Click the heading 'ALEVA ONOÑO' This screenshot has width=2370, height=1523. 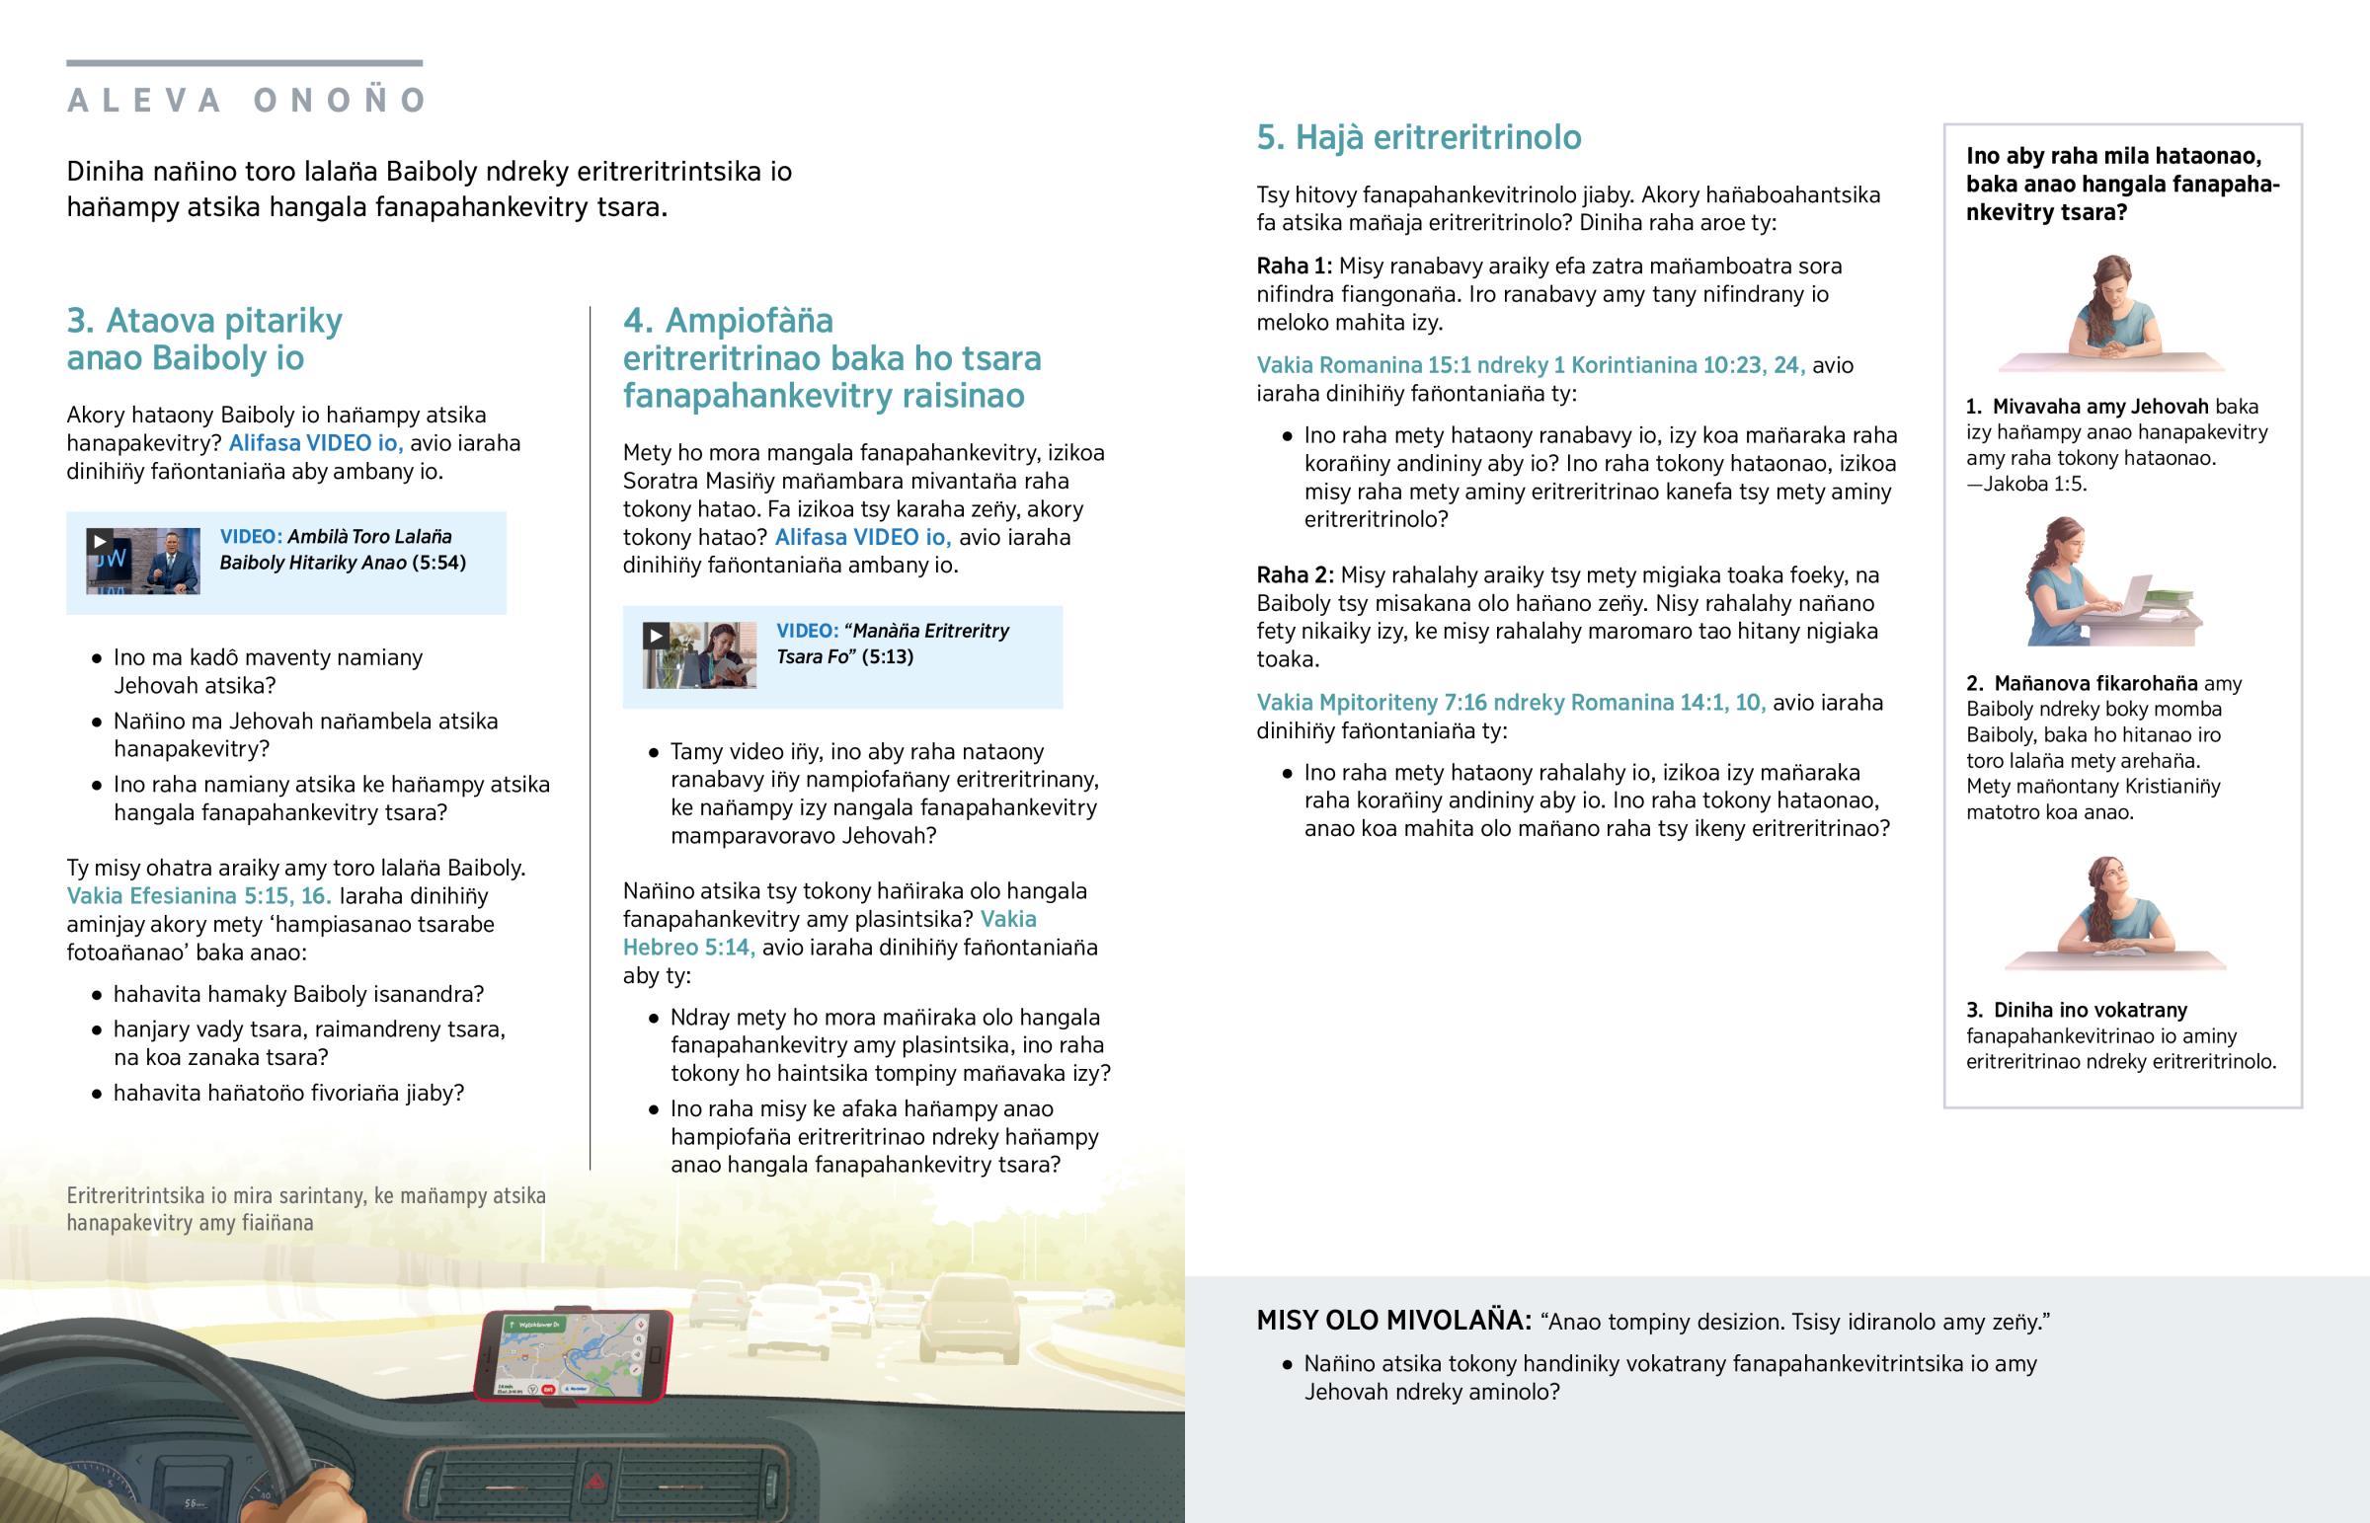point(246,100)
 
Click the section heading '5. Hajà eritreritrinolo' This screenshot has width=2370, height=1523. point(1418,137)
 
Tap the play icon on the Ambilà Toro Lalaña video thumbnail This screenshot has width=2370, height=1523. point(99,541)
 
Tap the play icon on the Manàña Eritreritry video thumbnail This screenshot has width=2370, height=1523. point(655,635)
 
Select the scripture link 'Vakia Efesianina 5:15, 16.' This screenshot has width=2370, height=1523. point(198,896)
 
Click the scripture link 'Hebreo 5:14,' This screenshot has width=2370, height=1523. point(688,948)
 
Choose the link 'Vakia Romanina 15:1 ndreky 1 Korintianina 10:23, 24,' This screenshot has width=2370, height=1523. point(1531,365)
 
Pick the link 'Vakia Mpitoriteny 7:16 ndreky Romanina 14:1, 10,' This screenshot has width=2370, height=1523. point(1511,703)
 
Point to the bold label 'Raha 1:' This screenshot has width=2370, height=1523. point(1294,267)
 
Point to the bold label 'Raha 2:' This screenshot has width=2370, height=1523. point(1295,575)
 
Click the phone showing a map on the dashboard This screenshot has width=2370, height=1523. point(573,1355)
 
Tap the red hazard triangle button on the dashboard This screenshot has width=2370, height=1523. point(596,1481)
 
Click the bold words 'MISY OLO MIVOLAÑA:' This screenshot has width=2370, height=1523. point(1392,1322)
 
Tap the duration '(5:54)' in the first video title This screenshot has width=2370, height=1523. point(438,563)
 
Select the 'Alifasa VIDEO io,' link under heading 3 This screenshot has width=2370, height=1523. point(316,443)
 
